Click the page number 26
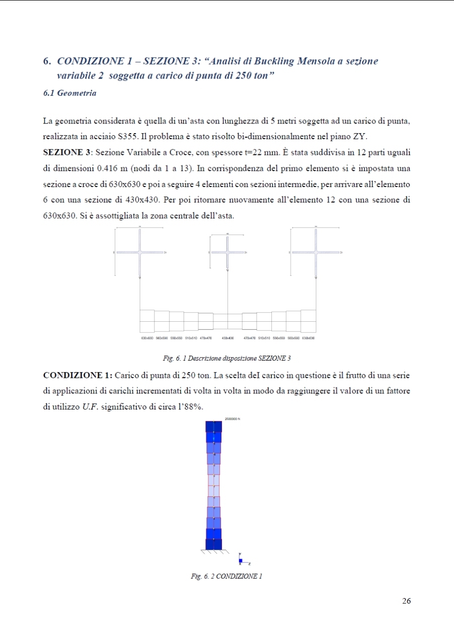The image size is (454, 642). coord(407,601)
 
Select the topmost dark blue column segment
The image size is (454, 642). coord(213,427)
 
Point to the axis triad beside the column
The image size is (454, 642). coord(242,559)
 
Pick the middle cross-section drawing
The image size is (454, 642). coord(228,252)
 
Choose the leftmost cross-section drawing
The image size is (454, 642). coord(139,252)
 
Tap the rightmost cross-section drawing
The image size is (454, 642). coord(315,252)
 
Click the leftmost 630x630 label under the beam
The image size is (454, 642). coord(147,338)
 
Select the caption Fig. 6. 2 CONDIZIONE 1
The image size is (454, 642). coord(226,576)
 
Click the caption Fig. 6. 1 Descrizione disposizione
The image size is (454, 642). coord(227,359)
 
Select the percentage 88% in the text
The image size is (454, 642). coord(192,407)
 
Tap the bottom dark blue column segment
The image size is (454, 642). coord(213,544)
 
